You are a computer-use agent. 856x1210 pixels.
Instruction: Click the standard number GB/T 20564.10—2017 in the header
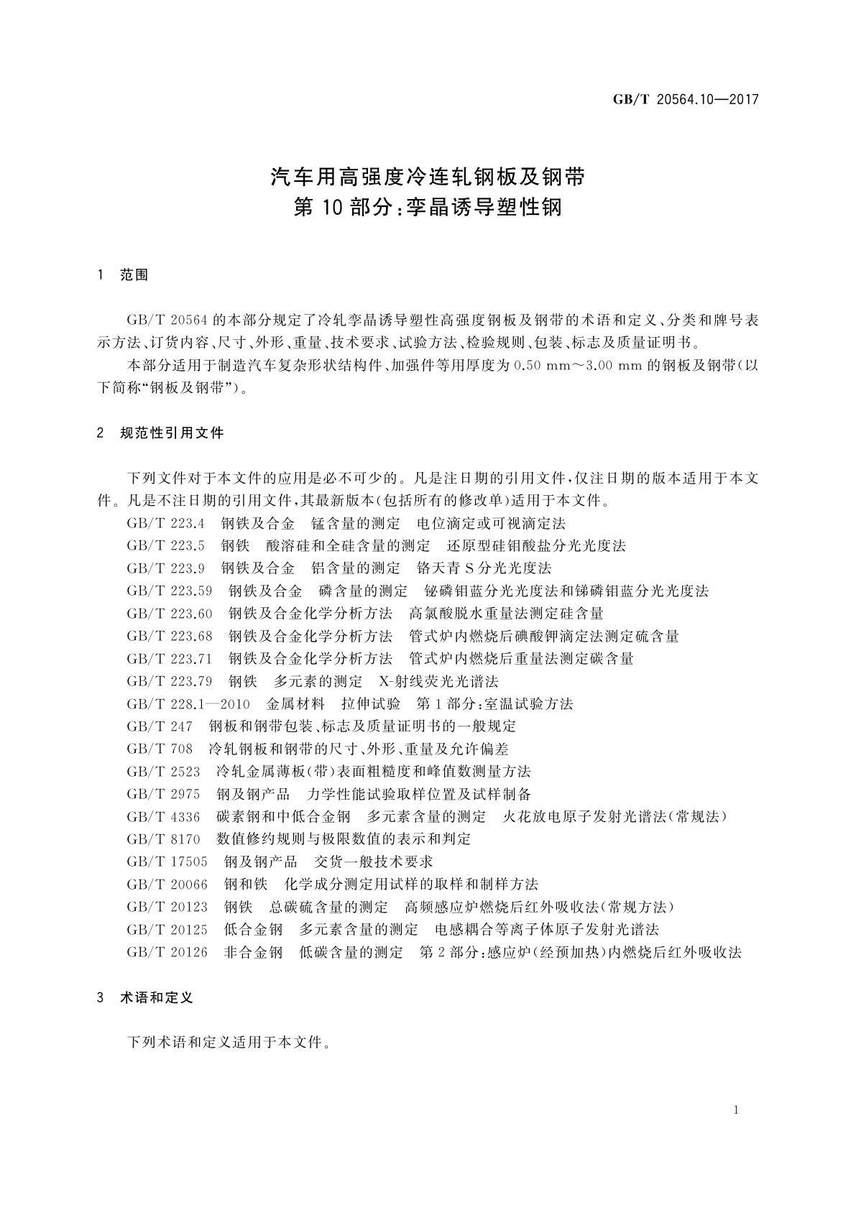(x=686, y=100)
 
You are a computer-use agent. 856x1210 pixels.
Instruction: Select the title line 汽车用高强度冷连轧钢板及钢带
(x=428, y=176)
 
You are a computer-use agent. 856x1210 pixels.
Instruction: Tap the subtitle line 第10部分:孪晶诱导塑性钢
(x=428, y=208)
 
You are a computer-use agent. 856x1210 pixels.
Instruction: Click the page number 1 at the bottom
(x=737, y=1110)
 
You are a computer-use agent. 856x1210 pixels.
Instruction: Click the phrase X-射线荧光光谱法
(x=438, y=681)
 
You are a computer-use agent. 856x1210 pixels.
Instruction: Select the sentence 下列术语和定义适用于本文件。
(x=229, y=1042)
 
